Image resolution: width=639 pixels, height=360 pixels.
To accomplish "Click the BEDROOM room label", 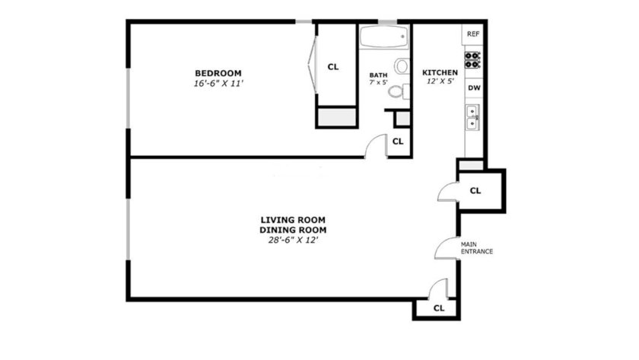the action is [x=218, y=73].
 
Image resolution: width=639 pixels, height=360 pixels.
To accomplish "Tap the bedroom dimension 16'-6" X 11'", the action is [x=218, y=84].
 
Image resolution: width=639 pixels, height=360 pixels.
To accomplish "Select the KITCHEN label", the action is [x=440, y=72].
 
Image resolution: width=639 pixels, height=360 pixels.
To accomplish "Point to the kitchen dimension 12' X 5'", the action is [x=440, y=81].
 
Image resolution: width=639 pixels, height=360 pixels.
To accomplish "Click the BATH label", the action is [x=378, y=75].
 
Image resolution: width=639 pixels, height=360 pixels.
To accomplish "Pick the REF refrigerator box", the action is [x=472, y=34].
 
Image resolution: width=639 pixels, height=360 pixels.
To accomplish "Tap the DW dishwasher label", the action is [x=474, y=88].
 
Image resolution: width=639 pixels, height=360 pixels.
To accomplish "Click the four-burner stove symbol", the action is [x=472, y=60].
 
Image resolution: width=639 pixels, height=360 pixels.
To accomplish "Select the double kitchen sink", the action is [x=472, y=117].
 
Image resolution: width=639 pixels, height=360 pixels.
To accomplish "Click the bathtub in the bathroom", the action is [x=384, y=37].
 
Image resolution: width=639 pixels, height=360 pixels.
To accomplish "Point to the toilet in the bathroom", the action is [x=399, y=91].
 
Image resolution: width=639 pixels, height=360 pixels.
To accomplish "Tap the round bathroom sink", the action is [x=402, y=66].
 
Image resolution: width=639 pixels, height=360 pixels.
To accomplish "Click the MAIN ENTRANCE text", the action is [x=477, y=248].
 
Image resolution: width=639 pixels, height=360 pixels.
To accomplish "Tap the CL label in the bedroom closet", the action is [x=333, y=67].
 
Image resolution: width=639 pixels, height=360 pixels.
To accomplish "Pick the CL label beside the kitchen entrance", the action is [x=475, y=190].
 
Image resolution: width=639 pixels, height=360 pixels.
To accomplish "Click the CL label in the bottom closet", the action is [x=439, y=308].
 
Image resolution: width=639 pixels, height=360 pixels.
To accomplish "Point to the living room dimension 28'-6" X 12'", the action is [x=293, y=241].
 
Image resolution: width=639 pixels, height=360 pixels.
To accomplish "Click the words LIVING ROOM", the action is [x=293, y=220].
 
